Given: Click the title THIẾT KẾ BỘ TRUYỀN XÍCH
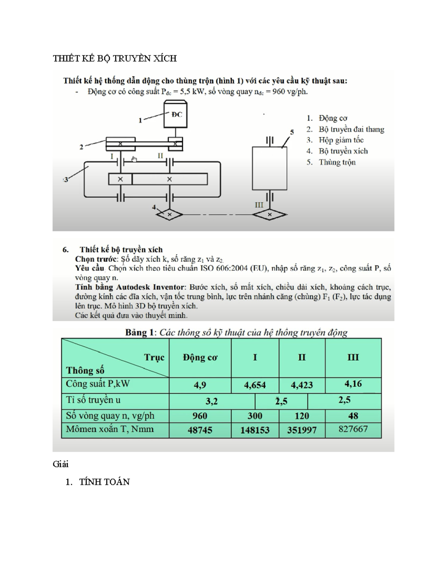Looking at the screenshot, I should point(114,58).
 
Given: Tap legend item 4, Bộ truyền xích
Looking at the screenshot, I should point(343,151).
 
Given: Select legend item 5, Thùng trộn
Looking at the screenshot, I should point(337,162).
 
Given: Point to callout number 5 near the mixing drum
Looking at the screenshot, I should point(292,132).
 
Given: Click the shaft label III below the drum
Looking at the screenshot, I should point(259,205).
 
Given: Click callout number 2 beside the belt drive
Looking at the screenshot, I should point(81,147).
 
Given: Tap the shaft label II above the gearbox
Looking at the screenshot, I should point(160,156).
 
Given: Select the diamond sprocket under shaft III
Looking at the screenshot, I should point(269,215).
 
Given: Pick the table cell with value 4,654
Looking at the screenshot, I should point(255,385).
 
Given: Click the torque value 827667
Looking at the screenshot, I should point(353,429).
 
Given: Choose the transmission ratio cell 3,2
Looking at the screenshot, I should point(211,401).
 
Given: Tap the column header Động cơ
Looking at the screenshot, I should point(200,358).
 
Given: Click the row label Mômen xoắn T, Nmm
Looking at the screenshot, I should point(110,429).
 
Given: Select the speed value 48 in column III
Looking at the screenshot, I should point(353,416).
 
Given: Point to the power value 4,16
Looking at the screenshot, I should point(353,384).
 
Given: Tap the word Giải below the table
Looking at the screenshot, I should point(60,464).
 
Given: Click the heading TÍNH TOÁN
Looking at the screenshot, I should point(104,482).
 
